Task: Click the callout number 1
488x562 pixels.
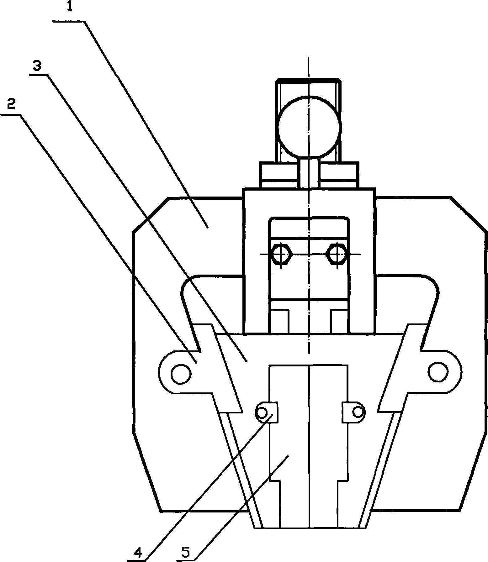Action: [x=70, y=7]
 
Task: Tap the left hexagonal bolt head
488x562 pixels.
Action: [x=281, y=254]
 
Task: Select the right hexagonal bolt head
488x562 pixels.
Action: [x=337, y=254]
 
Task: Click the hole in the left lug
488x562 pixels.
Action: [x=180, y=373]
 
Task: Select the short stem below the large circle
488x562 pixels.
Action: [x=309, y=173]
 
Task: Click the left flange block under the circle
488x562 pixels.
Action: [x=279, y=175]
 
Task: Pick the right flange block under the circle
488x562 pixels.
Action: [x=338, y=175]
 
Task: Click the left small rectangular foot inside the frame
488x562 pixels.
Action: [x=280, y=321]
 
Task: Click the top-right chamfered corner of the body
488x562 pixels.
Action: [x=469, y=215]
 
